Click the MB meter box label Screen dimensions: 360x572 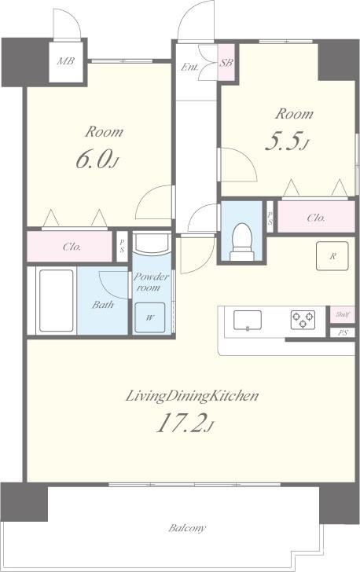tap(65, 61)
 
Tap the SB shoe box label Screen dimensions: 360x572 tap(226, 63)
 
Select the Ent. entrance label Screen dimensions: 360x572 tap(190, 67)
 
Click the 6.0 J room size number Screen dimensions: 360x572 tap(97, 160)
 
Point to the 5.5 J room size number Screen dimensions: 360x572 tap(287, 141)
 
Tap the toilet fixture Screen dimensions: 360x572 tap(242, 241)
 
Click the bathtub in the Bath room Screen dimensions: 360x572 tap(57, 301)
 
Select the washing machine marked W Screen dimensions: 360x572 tap(149, 317)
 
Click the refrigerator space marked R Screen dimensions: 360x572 tap(332, 255)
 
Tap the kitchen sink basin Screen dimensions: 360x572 tap(247, 320)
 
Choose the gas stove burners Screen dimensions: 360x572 tap(303, 320)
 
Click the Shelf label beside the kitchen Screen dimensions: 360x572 tap(343, 314)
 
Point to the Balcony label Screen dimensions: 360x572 tap(187, 528)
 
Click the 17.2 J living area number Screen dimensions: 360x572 tap(185, 423)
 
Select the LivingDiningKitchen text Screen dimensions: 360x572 tap(192, 396)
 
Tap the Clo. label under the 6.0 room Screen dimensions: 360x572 tap(72, 247)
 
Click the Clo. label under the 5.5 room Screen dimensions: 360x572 tap(316, 218)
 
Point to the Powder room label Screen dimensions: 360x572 tap(151, 281)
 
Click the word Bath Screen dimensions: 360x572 tap(103, 304)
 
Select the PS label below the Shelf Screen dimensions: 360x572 tap(342, 332)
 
